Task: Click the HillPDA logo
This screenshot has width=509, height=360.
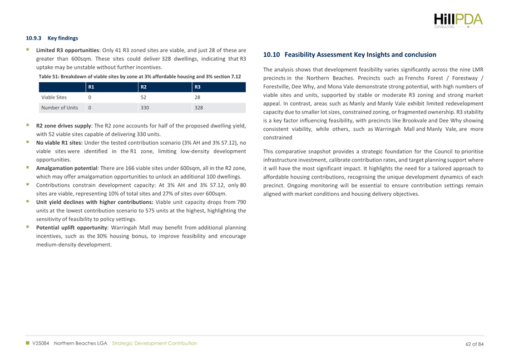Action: pyautogui.click(x=459, y=18)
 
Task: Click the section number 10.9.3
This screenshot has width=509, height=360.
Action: pyautogui.click(x=34, y=38)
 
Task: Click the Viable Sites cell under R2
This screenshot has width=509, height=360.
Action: pyautogui.click(x=142, y=96)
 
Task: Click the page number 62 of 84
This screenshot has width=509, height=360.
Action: pyautogui.click(x=473, y=343)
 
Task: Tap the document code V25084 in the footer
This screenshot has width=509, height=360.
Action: pyautogui.click(x=42, y=343)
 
